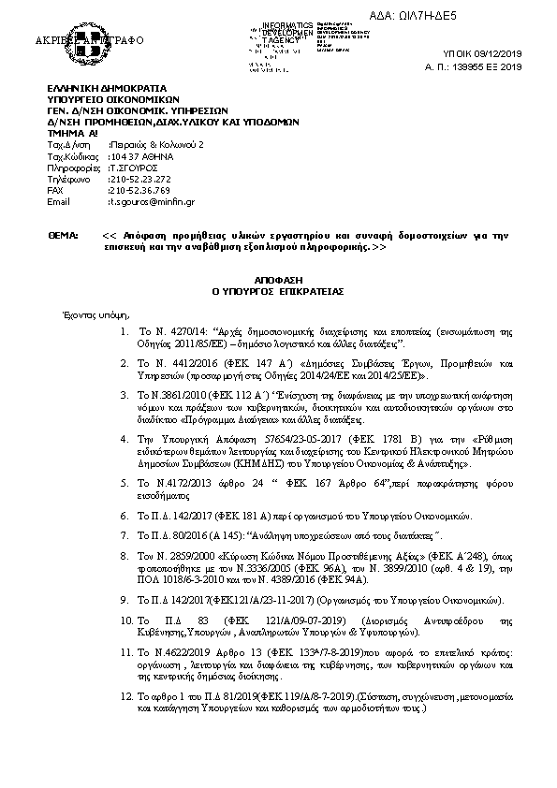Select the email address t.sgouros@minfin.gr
pyautogui.click(x=152, y=201)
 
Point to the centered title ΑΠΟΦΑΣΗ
pyautogui.click(x=277, y=280)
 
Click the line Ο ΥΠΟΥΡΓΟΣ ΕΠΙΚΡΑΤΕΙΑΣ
pyautogui.click(x=278, y=291)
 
